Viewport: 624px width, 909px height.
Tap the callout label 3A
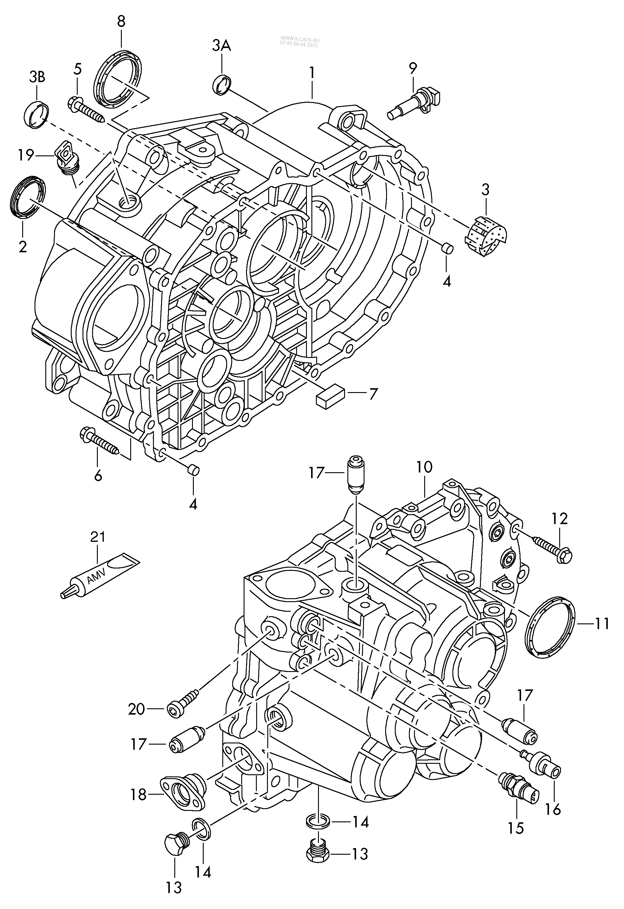(222, 46)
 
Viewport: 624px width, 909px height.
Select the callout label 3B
(37, 77)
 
